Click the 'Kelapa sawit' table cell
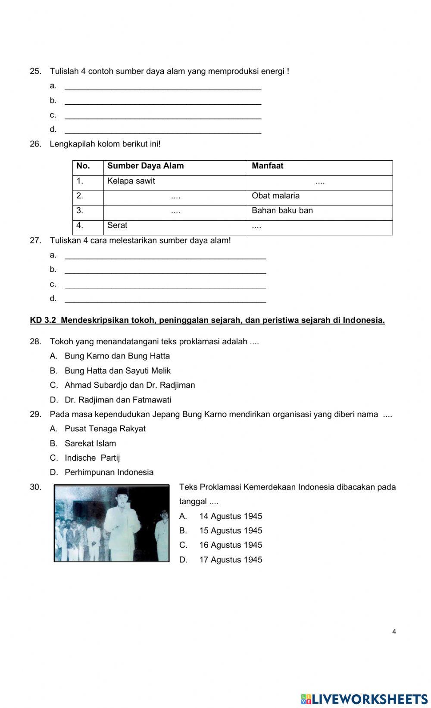[131, 181]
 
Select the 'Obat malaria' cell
[275, 196]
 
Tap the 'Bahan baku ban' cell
[282, 211]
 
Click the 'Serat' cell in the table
[117, 225]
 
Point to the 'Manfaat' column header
[268, 166]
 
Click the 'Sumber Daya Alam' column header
[145, 166]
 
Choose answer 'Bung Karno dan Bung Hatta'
[117, 356]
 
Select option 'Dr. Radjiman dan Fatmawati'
[118, 400]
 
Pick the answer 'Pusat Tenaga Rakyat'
[105, 429]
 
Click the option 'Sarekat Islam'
[90, 443]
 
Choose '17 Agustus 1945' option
[230, 560]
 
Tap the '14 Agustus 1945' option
[230, 516]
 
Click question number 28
[35, 342]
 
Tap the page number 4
[394, 632]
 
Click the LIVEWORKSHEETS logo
[364, 699]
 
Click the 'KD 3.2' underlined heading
[207, 320]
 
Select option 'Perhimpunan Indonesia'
[109, 472]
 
